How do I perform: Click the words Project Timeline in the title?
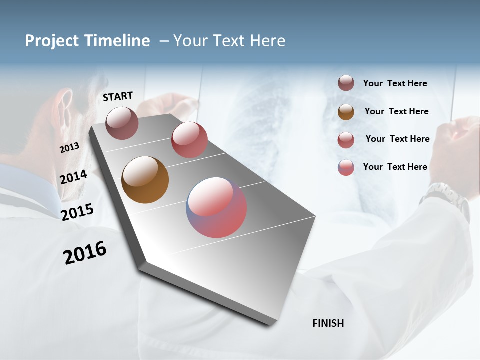pyautogui.click(x=87, y=41)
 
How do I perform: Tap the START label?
pyautogui.click(x=118, y=96)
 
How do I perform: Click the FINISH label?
pyautogui.click(x=328, y=323)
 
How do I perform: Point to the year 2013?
pyautogui.click(x=70, y=147)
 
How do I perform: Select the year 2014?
pyautogui.click(x=74, y=177)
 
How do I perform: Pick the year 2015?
pyautogui.click(x=77, y=212)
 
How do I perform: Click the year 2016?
pyautogui.click(x=85, y=253)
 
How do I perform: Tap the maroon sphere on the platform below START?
pyautogui.click(x=122, y=123)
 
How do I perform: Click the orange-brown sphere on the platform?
pyautogui.click(x=145, y=180)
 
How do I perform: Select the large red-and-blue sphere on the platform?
pyautogui.click(x=216, y=207)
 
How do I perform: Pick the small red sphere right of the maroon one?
pyautogui.click(x=189, y=139)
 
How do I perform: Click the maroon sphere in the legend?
pyautogui.click(x=346, y=83)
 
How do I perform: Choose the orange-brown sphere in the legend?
pyautogui.click(x=346, y=112)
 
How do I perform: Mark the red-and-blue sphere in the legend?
pyautogui.click(x=346, y=167)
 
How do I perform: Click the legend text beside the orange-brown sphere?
pyautogui.click(x=396, y=111)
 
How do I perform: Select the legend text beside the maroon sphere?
pyautogui.click(x=395, y=83)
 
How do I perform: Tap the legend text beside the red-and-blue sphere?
pyautogui.click(x=395, y=167)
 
